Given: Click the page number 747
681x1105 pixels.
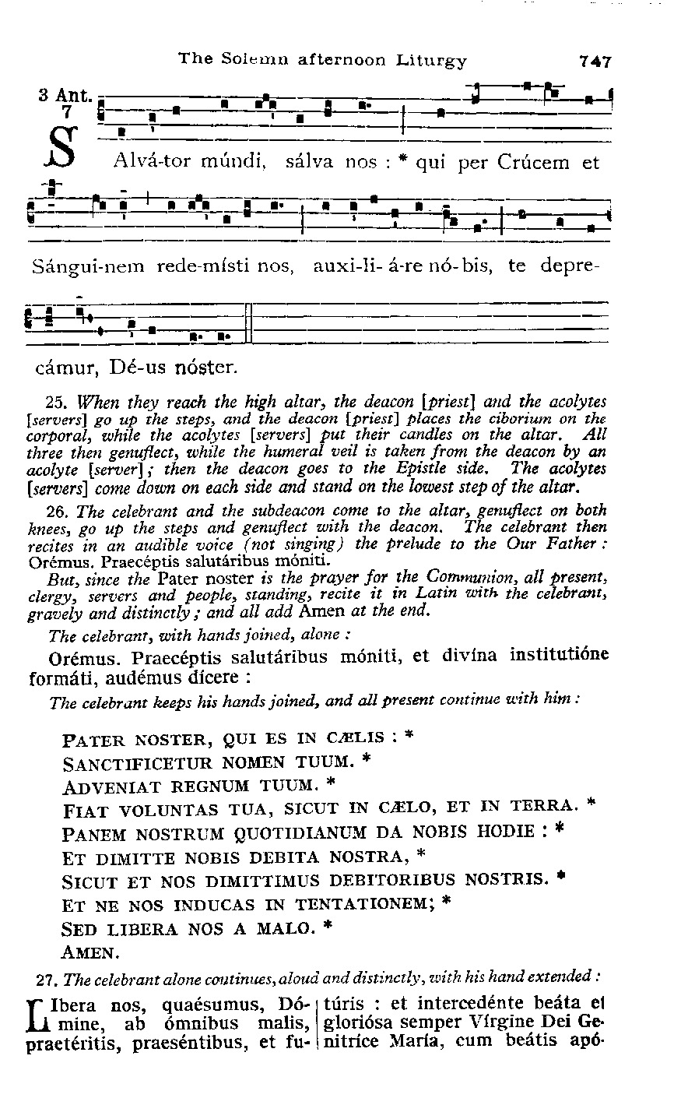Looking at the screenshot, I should coord(595,62).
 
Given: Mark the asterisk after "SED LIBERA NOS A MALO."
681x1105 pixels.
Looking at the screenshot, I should coord(328,927).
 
